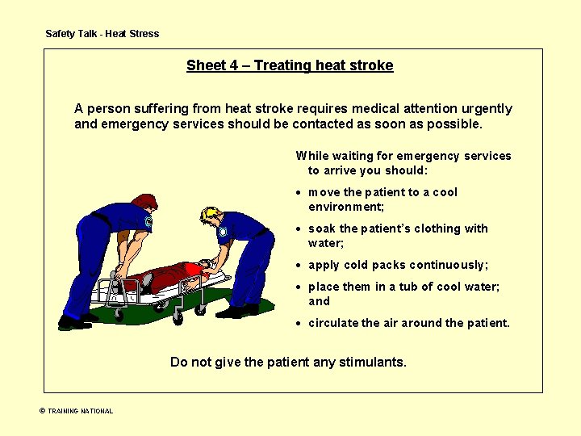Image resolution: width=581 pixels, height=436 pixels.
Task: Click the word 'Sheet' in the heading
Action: pyautogui.click(x=205, y=65)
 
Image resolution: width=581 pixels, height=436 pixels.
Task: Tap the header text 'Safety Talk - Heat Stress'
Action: pyautogui.click(x=102, y=34)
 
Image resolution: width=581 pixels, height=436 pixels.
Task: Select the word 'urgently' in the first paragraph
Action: pyautogui.click(x=485, y=109)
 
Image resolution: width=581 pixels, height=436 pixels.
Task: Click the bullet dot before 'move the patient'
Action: pyautogui.click(x=299, y=193)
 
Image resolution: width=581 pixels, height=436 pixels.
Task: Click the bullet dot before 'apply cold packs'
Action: pyautogui.click(x=299, y=266)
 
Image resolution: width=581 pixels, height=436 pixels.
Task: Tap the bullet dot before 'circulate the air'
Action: pyautogui.click(x=299, y=324)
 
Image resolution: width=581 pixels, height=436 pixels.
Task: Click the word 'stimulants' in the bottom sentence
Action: pyautogui.click(x=373, y=362)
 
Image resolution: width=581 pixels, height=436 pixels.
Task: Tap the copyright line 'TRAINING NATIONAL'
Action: pyautogui.click(x=80, y=411)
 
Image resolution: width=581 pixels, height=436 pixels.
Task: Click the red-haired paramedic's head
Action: pyautogui.click(x=144, y=204)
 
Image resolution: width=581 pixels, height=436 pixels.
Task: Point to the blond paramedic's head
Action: pyautogui.click(x=211, y=216)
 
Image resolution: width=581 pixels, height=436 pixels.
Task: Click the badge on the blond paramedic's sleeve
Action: pyautogui.click(x=225, y=230)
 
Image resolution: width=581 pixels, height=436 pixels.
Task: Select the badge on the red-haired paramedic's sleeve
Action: pyautogui.click(x=148, y=220)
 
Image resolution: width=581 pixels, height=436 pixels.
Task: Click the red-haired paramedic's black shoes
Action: pyautogui.click(x=74, y=322)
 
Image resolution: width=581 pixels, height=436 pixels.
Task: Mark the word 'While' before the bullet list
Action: pyautogui.click(x=312, y=156)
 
